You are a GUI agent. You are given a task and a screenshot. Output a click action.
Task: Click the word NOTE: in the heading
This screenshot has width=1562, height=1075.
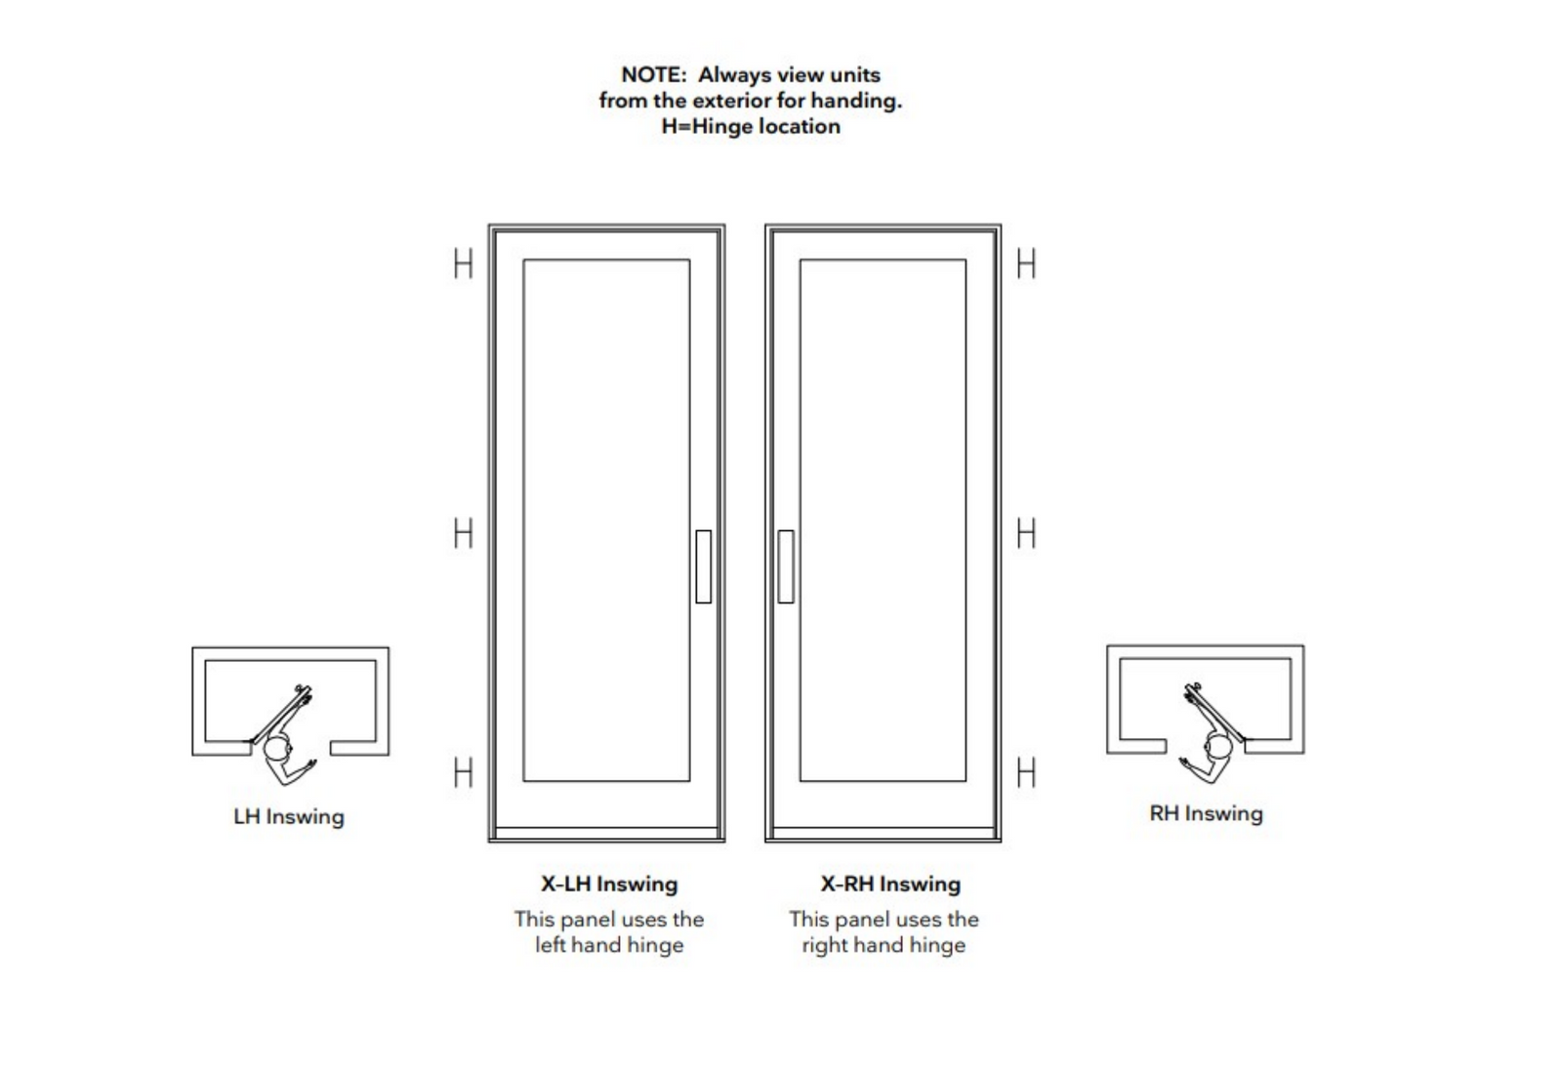(653, 75)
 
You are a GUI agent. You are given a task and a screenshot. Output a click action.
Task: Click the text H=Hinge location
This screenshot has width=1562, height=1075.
(750, 126)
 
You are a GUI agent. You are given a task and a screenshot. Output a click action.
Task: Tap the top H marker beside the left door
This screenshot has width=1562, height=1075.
(463, 264)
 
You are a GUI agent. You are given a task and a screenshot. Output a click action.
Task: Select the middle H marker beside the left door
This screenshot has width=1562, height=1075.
(463, 533)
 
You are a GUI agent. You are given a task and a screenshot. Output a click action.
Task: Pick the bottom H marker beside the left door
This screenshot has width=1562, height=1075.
(463, 772)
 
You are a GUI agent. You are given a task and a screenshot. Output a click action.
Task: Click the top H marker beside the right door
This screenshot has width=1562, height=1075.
(1025, 264)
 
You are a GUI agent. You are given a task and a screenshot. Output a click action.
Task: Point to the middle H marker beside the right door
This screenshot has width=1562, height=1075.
(1025, 533)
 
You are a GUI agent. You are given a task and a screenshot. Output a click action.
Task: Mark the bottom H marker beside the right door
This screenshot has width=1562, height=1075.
(1025, 772)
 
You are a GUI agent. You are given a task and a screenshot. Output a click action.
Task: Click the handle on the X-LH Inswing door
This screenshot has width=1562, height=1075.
(703, 566)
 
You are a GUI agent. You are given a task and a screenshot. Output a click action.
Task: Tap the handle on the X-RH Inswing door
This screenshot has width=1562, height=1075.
(785, 566)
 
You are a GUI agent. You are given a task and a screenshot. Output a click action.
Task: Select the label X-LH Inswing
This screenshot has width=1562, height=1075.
(609, 884)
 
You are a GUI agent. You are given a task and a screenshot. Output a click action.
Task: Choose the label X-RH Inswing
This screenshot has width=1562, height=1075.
(890, 884)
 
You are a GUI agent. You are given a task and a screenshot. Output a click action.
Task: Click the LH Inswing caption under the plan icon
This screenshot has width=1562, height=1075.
(289, 816)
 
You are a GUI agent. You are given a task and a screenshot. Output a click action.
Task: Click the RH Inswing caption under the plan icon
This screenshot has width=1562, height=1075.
(1206, 813)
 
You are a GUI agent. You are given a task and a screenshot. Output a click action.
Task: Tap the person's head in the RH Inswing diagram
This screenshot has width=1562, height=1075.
(1219, 748)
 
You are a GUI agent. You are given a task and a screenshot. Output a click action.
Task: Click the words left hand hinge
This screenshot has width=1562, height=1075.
(609, 945)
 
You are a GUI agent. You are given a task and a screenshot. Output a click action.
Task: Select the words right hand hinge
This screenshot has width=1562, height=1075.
(884, 945)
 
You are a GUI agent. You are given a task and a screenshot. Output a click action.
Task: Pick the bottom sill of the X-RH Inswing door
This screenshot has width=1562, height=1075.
(883, 834)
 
